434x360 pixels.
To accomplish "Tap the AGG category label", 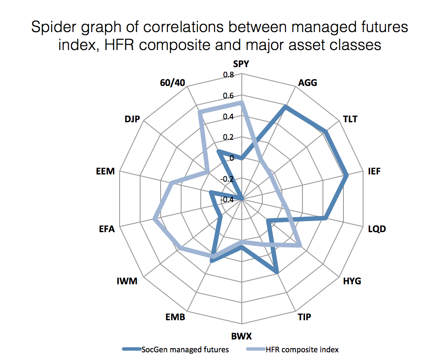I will pos(308,83).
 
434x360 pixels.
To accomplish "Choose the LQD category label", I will pos(377,229).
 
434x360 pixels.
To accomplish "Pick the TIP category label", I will pos(304,317).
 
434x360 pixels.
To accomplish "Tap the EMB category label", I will pos(176,317).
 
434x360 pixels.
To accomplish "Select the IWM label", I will pos(127,281).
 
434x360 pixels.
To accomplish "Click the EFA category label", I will pos(107,229).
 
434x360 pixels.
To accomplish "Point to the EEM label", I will pos(106,171).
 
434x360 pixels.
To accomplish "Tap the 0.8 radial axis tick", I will pos(229,75).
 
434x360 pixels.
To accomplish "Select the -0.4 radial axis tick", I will pos(227,199).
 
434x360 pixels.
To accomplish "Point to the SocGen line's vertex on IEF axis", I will pos(347,174).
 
